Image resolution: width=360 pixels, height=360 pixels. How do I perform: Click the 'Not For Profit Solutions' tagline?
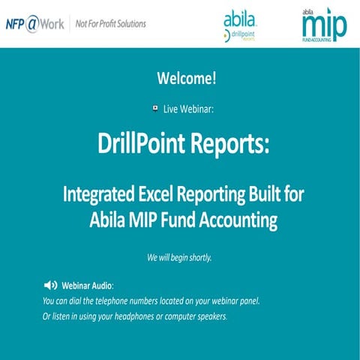coord(111,23)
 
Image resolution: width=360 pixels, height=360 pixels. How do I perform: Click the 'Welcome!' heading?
coord(180,79)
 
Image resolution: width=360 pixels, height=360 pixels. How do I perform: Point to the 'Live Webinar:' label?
coord(188,109)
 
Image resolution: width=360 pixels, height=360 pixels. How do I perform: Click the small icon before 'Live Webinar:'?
coord(154,108)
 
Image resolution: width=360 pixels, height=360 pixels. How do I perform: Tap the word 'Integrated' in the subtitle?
coord(101,192)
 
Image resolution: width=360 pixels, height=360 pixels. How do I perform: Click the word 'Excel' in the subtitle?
coord(166,192)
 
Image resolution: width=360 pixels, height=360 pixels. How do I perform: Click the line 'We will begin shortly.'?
coord(180,258)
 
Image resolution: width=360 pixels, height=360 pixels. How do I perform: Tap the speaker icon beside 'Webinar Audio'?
coord(50,286)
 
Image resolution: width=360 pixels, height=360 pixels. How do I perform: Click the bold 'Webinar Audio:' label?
coord(88,286)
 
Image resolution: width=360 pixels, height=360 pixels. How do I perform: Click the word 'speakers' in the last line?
coord(209,316)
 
